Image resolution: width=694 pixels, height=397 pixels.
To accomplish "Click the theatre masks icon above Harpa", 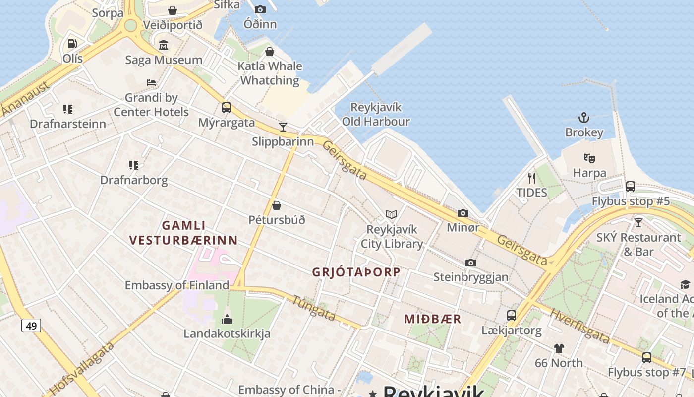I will [x=589, y=158].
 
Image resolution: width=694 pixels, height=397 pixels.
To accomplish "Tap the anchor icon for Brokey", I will [x=584, y=118].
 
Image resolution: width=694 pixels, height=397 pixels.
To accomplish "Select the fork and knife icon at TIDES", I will [x=531, y=178].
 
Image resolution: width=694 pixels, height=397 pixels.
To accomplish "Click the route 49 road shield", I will [x=31, y=326].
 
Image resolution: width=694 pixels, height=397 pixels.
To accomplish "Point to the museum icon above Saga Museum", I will [x=164, y=46].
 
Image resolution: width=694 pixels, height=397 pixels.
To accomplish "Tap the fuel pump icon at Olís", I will [x=72, y=44].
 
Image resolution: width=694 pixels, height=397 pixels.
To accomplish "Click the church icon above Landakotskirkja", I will [x=227, y=319].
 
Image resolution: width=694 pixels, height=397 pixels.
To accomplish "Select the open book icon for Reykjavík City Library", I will [x=392, y=215].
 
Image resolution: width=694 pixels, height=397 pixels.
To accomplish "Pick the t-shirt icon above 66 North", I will [x=559, y=348].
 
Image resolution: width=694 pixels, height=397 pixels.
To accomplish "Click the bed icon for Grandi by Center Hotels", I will [x=151, y=83].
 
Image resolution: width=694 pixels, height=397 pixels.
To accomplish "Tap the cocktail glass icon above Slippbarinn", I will [x=283, y=127].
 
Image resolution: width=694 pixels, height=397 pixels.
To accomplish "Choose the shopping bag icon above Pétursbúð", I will [x=277, y=205].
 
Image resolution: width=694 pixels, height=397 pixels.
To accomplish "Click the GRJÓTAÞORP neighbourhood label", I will [x=356, y=272].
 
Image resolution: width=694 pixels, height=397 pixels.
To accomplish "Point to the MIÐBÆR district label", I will [x=432, y=319].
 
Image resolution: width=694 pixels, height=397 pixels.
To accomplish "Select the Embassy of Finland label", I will [x=176, y=285].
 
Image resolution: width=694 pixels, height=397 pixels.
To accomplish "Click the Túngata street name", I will [x=313, y=308].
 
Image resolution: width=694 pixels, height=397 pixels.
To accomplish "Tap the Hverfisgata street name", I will [x=579, y=327].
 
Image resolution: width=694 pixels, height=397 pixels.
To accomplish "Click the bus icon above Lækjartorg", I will [x=511, y=316].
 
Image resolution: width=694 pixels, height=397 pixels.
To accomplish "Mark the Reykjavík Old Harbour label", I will [x=376, y=115].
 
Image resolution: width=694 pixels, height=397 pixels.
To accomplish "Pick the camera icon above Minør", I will [x=463, y=213].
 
